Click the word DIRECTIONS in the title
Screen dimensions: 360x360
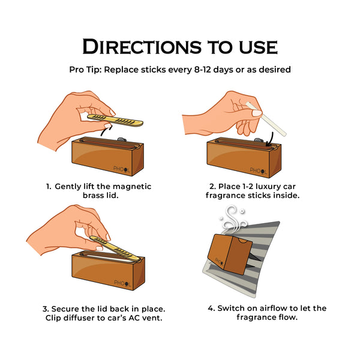[142, 47]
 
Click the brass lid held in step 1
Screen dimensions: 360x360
[115, 121]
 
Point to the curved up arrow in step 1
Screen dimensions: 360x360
[106, 130]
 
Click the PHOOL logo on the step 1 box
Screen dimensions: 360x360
[121, 169]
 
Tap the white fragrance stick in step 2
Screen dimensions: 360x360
[266, 119]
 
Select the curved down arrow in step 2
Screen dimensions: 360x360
[271, 139]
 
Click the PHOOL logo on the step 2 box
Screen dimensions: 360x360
[258, 170]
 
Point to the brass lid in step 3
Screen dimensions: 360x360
[115, 248]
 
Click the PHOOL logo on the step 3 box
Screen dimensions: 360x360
[122, 283]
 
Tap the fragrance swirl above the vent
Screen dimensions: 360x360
[233, 218]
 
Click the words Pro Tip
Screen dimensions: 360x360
[85, 70]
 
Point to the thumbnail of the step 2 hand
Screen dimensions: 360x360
[257, 113]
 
